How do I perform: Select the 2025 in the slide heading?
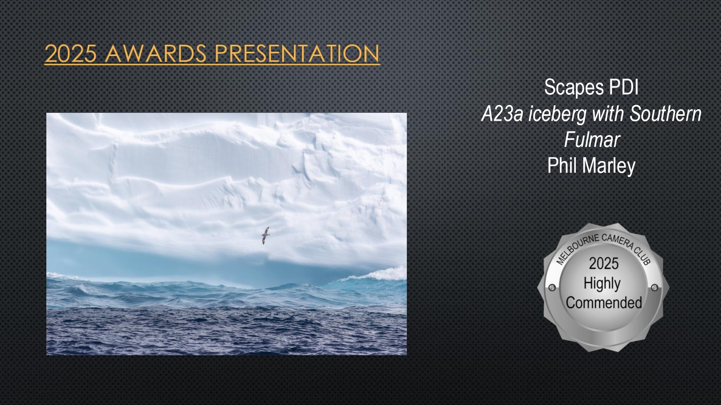tap(70, 53)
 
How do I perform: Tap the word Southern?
tap(666, 114)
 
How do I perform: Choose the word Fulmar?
tap(592, 140)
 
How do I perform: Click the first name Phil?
tap(562, 165)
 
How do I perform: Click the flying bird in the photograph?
tap(265, 235)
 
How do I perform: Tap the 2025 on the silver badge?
tap(603, 263)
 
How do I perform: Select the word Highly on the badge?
tap(602, 284)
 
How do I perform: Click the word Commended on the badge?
tap(604, 303)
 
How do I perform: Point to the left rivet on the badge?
tap(552, 288)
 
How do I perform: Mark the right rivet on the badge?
tap(655, 288)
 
